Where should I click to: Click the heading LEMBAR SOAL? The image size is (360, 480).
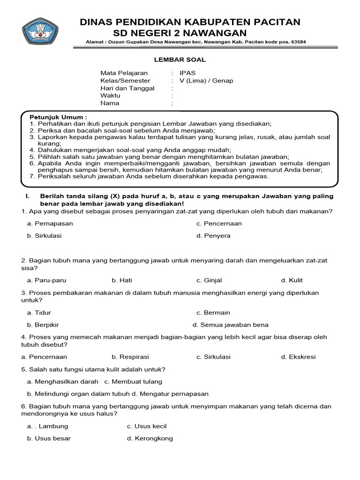click(x=180, y=60)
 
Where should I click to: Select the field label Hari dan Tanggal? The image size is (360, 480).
click(x=127, y=88)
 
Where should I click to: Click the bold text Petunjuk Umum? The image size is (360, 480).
click(x=58, y=117)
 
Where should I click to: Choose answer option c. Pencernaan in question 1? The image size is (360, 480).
click(x=219, y=224)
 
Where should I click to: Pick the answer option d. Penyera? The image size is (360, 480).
click(x=213, y=236)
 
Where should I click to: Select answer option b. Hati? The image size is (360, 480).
click(x=122, y=280)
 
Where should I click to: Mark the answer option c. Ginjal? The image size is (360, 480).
click(x=209, y=280)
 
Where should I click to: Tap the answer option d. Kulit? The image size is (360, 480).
click(x=292, y=280)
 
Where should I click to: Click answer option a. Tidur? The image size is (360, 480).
click(x=39, y=313)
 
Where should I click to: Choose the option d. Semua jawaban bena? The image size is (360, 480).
click(x=231, y=325)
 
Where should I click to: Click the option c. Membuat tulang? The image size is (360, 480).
click(x=133, y=382)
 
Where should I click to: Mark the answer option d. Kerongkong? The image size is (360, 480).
click(x=150, y=438)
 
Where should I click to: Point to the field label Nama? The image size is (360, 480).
click(x=110, y=103)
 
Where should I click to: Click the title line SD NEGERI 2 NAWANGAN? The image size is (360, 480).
click(x=180, y=33)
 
